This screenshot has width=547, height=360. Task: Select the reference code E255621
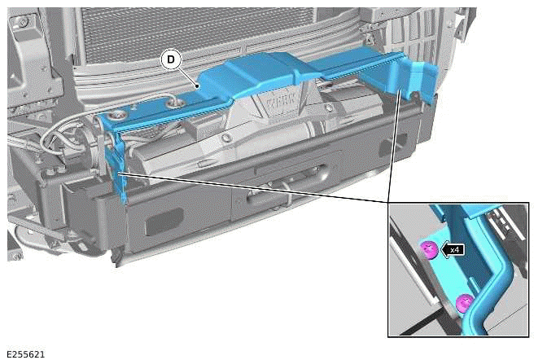(x=28, y=354)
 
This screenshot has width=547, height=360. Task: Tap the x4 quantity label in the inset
(x=455, y=250)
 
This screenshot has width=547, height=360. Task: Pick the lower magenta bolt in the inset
(x=465, y=303)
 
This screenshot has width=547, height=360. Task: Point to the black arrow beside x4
(x=444, y=250)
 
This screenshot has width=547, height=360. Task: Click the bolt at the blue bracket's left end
(x=121, y=119)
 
